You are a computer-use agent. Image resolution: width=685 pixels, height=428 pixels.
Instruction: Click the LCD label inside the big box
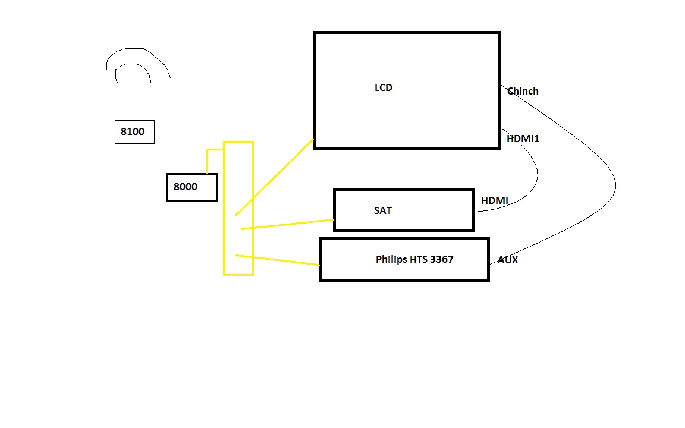click(384, 88)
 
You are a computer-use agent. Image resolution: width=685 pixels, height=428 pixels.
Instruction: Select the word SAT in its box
click(383, 210)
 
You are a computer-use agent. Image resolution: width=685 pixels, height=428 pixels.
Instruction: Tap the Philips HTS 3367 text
click(414, 259)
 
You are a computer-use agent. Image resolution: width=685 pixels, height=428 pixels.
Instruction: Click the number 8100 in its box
click(133, 131)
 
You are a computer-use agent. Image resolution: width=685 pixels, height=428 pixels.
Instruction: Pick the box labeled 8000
click(191, 187)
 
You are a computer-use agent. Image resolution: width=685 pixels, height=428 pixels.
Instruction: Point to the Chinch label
click(523, 91)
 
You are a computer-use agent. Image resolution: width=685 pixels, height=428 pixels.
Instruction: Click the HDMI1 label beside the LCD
click(523, 139)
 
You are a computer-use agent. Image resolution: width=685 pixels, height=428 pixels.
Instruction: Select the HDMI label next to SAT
click(495, 200)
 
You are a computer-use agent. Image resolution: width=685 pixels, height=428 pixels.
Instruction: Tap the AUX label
click(508, 260)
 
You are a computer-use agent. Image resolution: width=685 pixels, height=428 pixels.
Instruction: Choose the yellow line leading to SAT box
click(288, 224)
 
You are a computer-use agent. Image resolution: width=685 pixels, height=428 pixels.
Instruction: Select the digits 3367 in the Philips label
click(441, 259)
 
